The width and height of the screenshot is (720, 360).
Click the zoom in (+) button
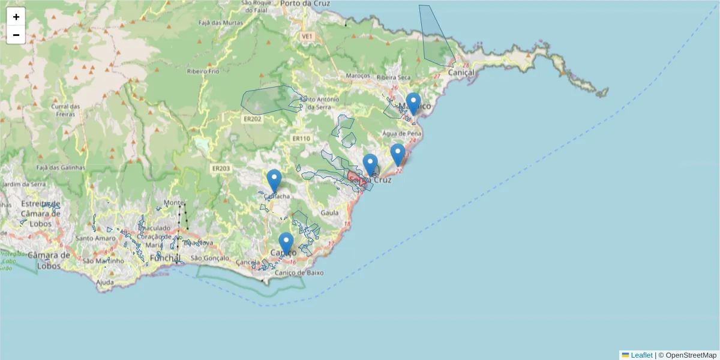tap(16, 17)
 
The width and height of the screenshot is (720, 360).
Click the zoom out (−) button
tap(16, 35)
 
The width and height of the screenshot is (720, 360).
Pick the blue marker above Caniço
tap(286, 244)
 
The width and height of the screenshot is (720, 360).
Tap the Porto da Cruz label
tap(306, 4)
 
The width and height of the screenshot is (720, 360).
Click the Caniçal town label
tap(460, 72)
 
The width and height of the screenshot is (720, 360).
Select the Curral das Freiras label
tap(66, 110)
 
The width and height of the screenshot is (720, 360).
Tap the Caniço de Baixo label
tap(299, 272)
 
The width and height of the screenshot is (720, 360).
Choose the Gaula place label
tap(330, 212)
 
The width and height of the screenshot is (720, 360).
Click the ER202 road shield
tap(252, 119)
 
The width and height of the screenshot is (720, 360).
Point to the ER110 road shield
tap(301, 138)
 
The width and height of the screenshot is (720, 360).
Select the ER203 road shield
tap(221, 169)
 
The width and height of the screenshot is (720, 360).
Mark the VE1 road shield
tap(307, 37)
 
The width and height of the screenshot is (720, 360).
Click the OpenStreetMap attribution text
tap(691, 355)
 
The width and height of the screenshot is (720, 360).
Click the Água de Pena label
tap(401, 133)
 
